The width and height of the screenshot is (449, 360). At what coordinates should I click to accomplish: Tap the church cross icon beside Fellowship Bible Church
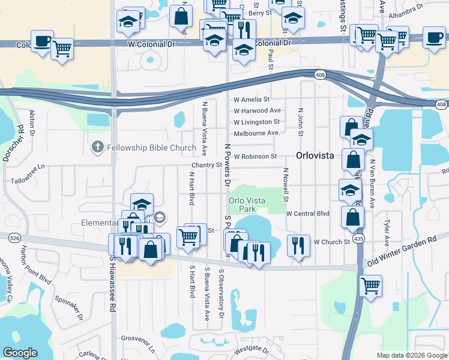97,147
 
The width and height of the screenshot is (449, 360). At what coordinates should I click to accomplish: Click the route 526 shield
14,238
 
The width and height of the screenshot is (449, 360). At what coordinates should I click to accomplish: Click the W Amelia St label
252,99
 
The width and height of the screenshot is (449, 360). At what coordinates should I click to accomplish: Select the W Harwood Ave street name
258,110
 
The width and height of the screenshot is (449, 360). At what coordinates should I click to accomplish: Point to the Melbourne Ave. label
257,133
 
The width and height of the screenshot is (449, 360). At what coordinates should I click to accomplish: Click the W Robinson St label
255,156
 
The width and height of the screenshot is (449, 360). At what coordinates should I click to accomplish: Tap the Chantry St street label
206,165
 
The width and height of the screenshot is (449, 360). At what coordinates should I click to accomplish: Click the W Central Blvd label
308,213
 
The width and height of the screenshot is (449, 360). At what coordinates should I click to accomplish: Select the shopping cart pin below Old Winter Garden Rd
370,284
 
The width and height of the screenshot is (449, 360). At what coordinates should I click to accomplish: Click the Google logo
20,353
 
